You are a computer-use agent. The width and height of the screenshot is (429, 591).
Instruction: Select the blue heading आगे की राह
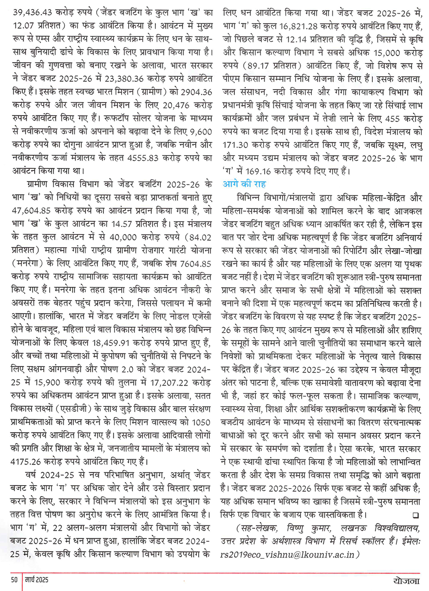[244, 184]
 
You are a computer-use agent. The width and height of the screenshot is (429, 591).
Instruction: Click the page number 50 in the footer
[15, 579]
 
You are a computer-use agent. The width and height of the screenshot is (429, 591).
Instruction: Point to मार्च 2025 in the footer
[36, 579]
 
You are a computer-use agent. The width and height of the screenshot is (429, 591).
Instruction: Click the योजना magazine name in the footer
[406, 580]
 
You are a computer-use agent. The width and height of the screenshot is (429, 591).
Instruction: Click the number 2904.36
[196, 92]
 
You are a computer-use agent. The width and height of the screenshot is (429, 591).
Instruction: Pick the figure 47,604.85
[32, 211]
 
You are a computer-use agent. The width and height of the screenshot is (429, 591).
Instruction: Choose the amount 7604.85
[196, 264]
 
